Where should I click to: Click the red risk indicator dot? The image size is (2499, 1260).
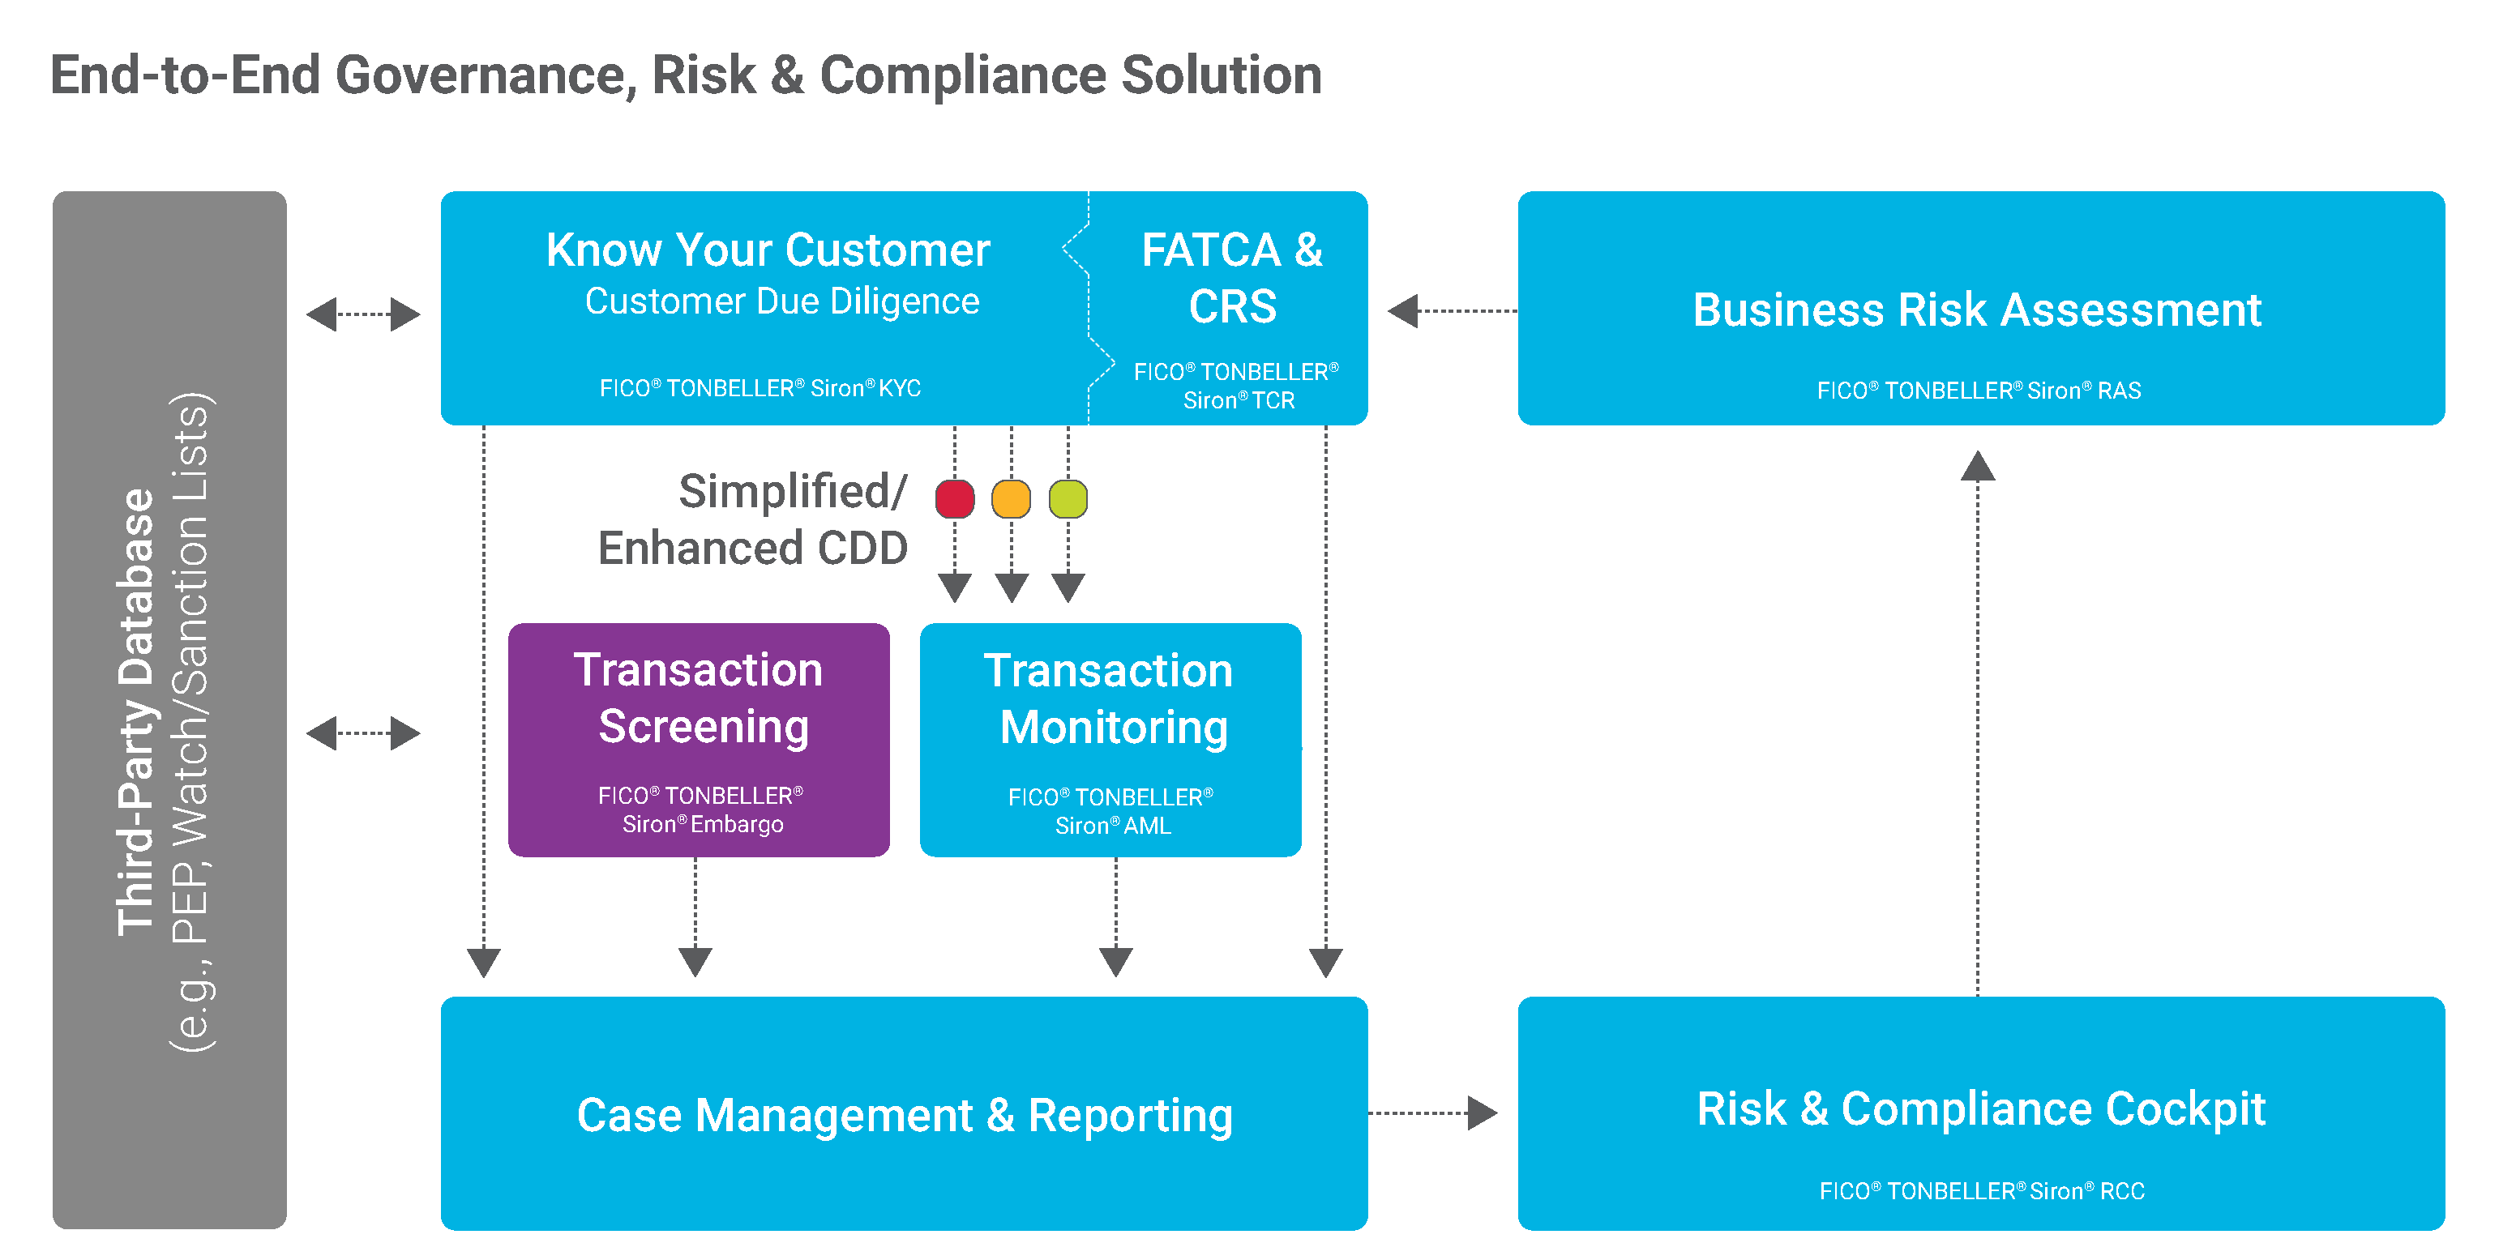pos(955,499)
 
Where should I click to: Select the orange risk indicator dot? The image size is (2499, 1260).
pos(1011,499)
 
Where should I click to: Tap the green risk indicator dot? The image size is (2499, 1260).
pos(1068,499)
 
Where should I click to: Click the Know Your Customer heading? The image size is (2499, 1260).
pos(768,250)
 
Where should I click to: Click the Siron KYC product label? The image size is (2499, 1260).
pos(760,388)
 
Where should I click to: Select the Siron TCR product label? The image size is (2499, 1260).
pos(1237,386)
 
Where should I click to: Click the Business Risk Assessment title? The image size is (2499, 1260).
pos(1977,310)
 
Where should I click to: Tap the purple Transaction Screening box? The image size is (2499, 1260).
pos(700,738)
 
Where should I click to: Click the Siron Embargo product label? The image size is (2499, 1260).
pos(701,810)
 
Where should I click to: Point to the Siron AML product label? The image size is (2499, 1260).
pos(1112,812)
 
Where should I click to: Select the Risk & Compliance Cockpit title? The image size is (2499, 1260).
pos(1981,1108)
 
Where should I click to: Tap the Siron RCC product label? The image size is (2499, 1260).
pos(1981,1190)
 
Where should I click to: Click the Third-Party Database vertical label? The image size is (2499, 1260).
pos(136,713)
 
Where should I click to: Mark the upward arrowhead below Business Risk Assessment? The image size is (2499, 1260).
pos(1977,467)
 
